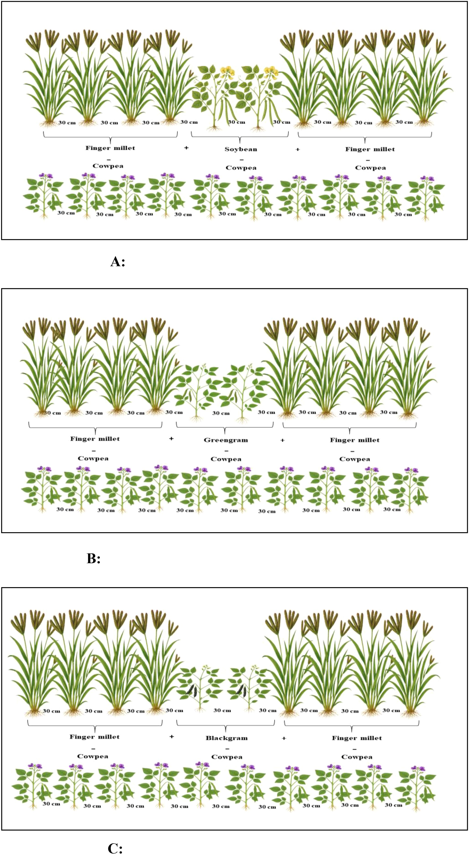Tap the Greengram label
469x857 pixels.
(x=226, y=440)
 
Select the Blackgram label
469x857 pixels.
(x=227, y=738)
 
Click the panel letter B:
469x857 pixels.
(x=93, y=559)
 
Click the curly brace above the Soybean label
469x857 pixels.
(x=240, y=137)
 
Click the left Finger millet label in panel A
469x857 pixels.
(x=110, y=148)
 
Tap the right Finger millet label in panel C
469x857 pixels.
(x=357, y=738)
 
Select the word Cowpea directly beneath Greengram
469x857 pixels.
(x=226, y=459)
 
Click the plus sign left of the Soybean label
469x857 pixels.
(x=186, y=148)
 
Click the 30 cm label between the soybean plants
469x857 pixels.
(x=237, y=122)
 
